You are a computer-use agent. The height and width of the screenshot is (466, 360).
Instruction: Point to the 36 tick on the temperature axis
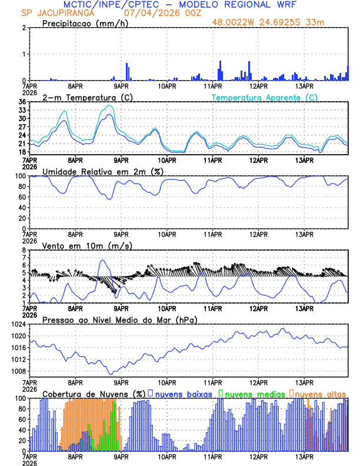(x=22, y=102)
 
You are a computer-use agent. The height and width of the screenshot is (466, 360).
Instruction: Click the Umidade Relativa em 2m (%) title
(x=102, y=171)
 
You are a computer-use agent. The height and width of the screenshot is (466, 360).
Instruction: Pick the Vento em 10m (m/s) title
(x=87, y=245)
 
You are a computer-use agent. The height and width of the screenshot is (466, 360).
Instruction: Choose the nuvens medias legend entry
(x=254, y=393)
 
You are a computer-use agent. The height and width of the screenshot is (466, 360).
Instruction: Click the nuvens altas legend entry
(x=321, y=393)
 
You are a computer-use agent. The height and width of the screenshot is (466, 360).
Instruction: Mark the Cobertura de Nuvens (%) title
(x=94, y=393)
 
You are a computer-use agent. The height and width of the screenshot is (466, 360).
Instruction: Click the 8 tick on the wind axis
(x=24, y=250)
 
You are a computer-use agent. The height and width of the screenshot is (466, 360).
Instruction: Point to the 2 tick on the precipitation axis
(x=24, y=28)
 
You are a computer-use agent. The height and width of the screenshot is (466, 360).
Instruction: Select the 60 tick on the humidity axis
(x=22, y=197)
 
